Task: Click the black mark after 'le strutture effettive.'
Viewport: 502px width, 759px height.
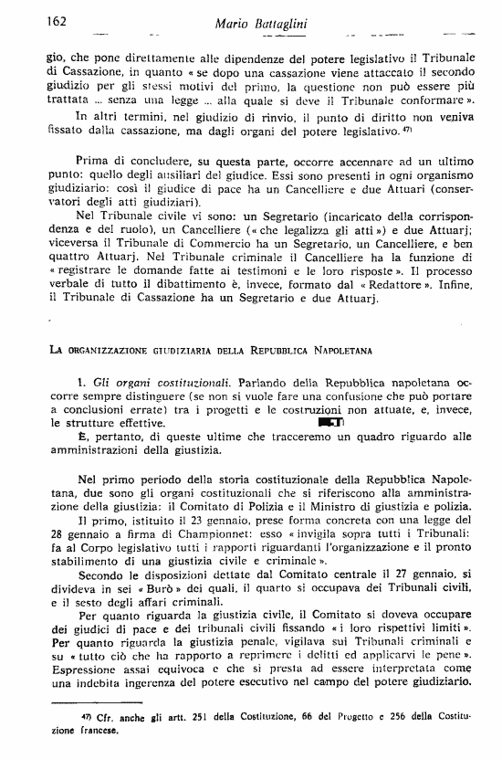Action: (x=329, y=423)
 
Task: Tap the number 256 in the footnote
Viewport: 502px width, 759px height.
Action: (x=375, y=719)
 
